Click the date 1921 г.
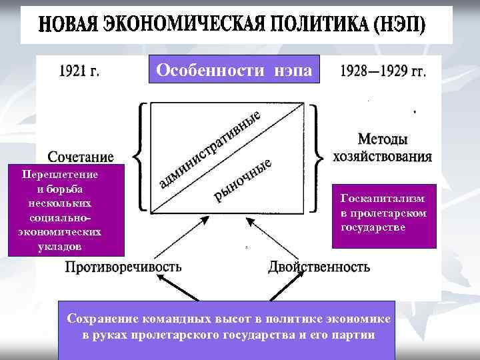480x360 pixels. pos(80,71)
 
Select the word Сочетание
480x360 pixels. pos(81,157)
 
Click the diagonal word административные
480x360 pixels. pos(210,150)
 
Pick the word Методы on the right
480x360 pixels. pos(383,140)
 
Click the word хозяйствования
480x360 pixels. pos(383,157)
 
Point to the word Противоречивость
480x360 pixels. pos(123,267)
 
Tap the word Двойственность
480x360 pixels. pos(319,267)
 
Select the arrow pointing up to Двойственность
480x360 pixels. pos(280,289)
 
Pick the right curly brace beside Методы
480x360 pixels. pos(323,155)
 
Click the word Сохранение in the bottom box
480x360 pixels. pos(100,319)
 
